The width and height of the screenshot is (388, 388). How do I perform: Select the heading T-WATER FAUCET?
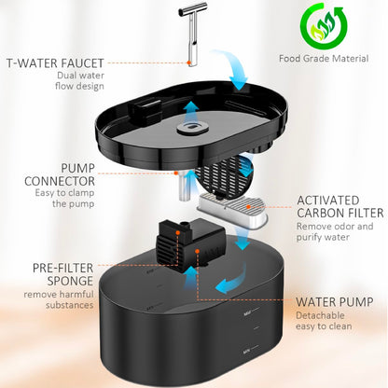pos(57,62)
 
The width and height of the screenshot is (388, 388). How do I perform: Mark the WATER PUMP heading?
pos(337,301)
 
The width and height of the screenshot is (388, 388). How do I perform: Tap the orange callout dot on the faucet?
pos(190,62)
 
